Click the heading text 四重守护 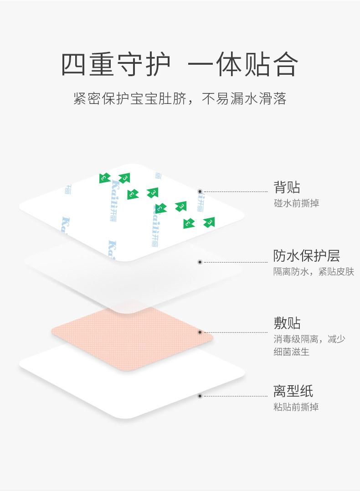[x=116, y=65]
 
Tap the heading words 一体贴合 [x=243, y=65]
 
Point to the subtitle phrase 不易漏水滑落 [x=244, y=99]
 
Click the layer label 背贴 [x=287, y=187]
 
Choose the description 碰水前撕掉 [x=296, y=203]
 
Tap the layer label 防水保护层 [x=306, y=255]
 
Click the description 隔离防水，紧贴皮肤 [x=313, y=272]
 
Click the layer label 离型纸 [x=293, y=391]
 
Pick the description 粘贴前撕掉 [x=296, y=407]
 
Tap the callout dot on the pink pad [x=200, y=332]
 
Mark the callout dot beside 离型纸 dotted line [x=200, y=396]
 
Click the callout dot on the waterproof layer [x=200, y=262]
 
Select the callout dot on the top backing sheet [x=200, y=191]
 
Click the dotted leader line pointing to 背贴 [x=235, y=191]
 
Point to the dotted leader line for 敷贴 [x=235, y=332]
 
